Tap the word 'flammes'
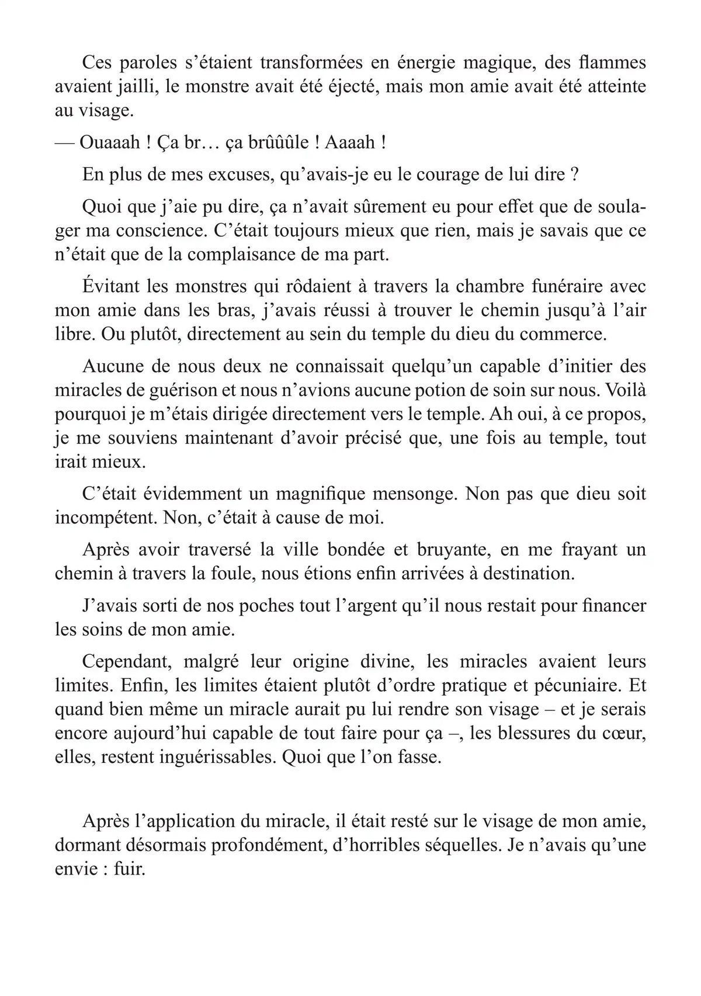coord(612,63)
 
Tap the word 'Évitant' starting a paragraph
coord(113,287)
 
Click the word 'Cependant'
coord(127,662)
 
